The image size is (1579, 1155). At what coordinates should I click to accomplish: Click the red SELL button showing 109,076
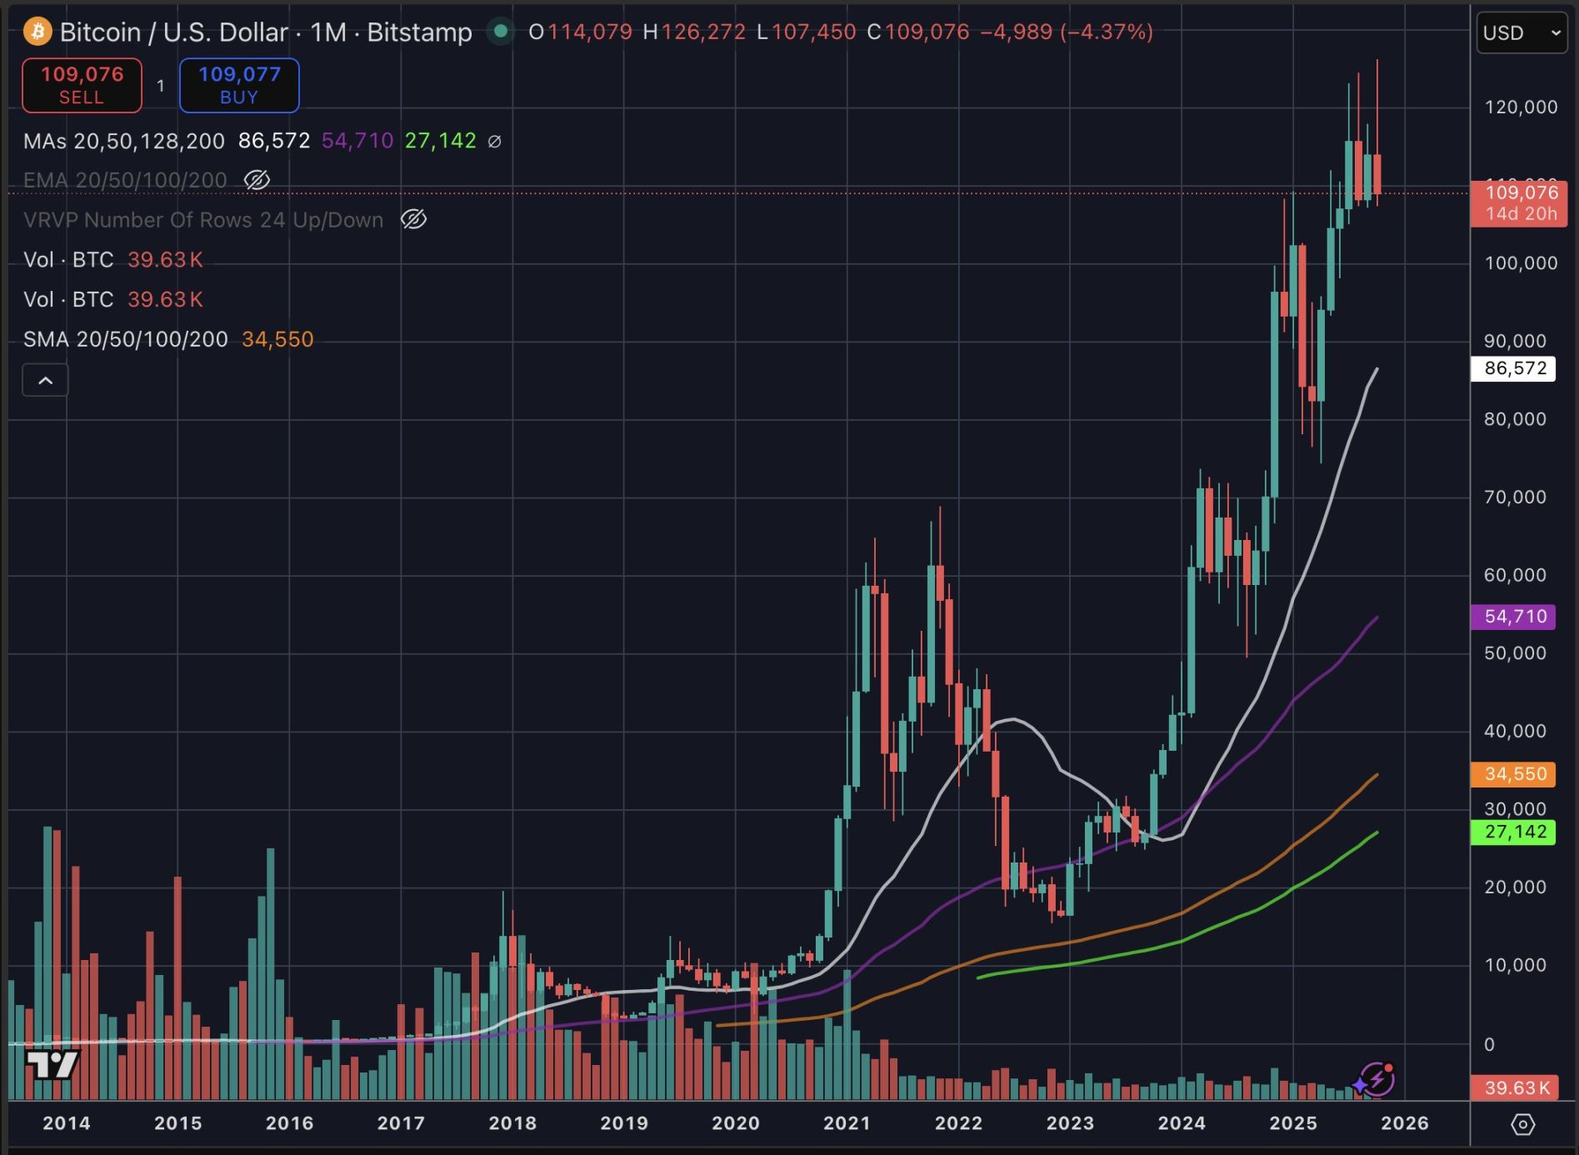[x=82, y=85]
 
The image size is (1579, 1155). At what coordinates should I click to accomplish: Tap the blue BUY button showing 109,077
[x=239, y=85]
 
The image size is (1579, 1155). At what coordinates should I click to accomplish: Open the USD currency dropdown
[x=1521, y=32]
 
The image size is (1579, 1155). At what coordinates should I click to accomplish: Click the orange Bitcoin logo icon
[x=37, y=32]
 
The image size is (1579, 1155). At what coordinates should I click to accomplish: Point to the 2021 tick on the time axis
[x=847, y=1123]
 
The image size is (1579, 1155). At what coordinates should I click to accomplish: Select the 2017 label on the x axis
[x=401, y=1123]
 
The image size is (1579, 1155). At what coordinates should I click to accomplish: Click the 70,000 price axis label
[x=1515, y=497]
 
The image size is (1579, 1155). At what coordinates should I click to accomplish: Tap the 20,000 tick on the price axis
[x=1515, y=887]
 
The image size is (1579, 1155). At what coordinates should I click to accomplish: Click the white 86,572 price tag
[x=1514, y=368]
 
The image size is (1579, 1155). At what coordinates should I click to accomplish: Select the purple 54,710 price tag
[x=1514, y=617]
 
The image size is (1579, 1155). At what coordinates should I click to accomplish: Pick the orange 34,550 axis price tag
[x=1514, y=774]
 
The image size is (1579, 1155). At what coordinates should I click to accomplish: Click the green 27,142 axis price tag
[x=1514, y=832]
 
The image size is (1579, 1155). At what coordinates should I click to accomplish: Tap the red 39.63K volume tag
[x=1514, y=1087]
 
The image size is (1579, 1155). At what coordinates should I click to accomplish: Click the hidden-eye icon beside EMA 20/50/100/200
[x=257, y=180]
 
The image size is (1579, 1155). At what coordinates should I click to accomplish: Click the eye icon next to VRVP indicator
[x=413, y=220]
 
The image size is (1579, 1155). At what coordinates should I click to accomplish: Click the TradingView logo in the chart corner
[x=52, y=1064]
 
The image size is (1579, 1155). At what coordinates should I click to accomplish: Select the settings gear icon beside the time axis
[x=1522, y=1124]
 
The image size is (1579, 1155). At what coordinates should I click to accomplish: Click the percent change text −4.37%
[x=1107, y=32]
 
